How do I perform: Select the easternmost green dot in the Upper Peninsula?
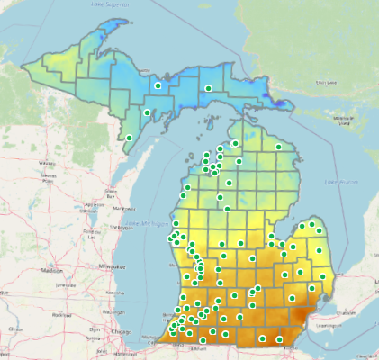pos(208,88)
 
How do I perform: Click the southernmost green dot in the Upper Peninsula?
pos(130,138)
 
